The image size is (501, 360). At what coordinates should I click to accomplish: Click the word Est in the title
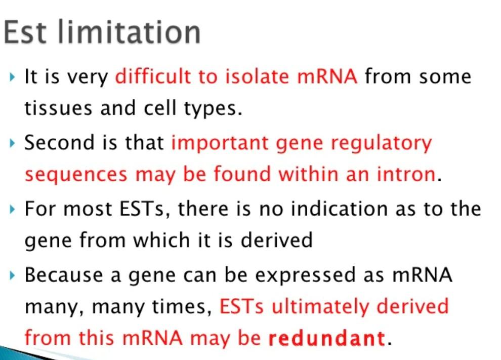point(25,32)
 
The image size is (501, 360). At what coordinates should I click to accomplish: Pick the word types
point(213,109)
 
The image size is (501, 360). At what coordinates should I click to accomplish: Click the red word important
point(220,143)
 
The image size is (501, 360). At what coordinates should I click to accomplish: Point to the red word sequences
point(76,176)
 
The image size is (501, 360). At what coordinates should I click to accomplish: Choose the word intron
point(406,174)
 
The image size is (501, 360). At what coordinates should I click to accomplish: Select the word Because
point(64,274)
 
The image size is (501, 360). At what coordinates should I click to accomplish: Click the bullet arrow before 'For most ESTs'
point(12,209)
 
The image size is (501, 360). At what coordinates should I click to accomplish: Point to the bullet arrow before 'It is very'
point(12,77)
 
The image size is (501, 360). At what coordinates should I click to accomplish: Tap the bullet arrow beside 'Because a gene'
point(12,275)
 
